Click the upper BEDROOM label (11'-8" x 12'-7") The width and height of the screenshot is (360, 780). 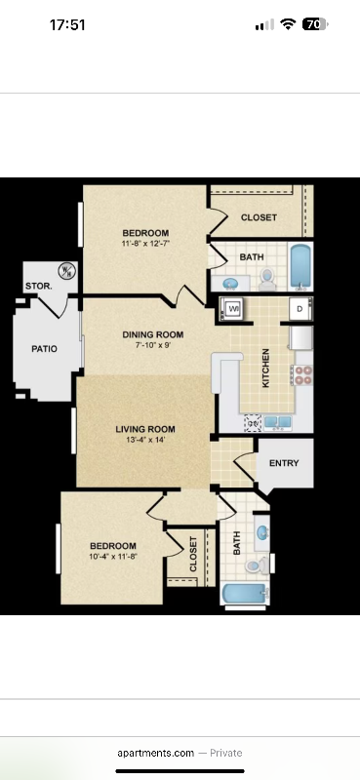(x=145, y=232)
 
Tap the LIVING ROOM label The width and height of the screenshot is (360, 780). (x=145, y=429)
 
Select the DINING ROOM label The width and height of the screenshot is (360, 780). (x=153, y=335)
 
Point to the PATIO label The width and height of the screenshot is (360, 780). (x=44, y=348)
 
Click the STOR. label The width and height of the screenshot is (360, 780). (x=38, y=286)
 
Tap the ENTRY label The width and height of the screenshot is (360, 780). (x=284, y=464)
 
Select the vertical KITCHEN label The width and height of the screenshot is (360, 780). (x=265, y=370)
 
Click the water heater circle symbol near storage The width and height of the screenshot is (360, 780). (x=67, y=270)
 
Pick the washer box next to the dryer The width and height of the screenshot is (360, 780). (x=234, y=309)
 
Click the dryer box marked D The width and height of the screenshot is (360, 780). (x=299, y=309)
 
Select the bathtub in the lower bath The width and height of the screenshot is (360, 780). (x=244, y=596)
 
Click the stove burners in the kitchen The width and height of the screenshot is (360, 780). (x=301, y=373)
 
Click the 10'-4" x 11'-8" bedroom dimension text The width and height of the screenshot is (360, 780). (x=113, y=557)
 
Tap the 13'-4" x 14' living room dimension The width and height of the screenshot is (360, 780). (x=145, y=441)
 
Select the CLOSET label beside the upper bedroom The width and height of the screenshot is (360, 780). (x=259, y=217)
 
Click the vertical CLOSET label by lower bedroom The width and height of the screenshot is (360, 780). (x=193, y=553)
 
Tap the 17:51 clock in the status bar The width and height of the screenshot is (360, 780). (x=67, y=25)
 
